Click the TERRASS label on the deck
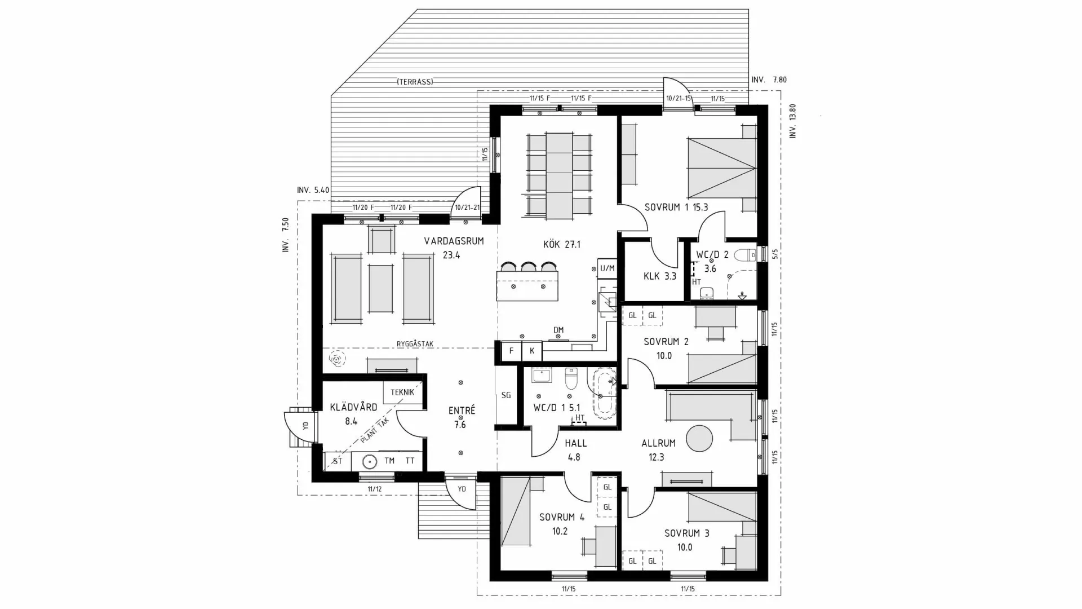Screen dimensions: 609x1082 pos(415,82)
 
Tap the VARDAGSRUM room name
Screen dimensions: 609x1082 pos(454,241)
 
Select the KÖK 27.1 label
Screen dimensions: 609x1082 pos(561,245)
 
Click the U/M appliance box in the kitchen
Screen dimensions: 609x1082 pos(607,268)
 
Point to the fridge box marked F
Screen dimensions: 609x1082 pos(511,351)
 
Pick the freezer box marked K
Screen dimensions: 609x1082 pos(531,351)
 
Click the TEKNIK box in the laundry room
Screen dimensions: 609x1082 pos(402,392)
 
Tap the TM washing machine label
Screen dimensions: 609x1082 pos(389,461)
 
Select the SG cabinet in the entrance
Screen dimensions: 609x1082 pos(506,395)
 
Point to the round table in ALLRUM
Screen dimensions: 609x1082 pos(699,439)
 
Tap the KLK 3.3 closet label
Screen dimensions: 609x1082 pos(659,276)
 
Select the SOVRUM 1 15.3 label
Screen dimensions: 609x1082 pos(676,208)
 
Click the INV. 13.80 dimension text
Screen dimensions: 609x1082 pos(793,121)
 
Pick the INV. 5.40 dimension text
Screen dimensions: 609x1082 pos(313,190)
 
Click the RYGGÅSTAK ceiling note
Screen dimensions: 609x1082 pos(415,344)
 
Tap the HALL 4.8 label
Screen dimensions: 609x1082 pos(575,450)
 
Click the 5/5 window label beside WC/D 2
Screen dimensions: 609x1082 pos(775,254)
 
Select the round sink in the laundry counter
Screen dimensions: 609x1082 pos(369,461)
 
